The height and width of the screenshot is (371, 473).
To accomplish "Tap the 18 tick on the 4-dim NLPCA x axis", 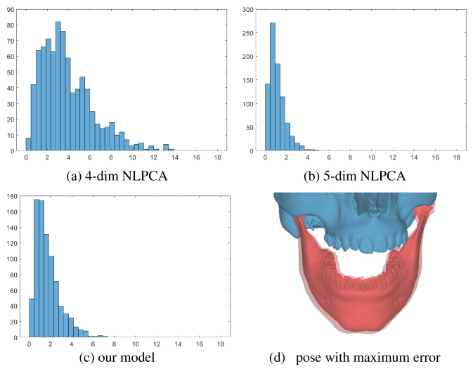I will pos(220,159).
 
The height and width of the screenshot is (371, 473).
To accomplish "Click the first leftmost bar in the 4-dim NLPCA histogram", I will pos(29,144).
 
